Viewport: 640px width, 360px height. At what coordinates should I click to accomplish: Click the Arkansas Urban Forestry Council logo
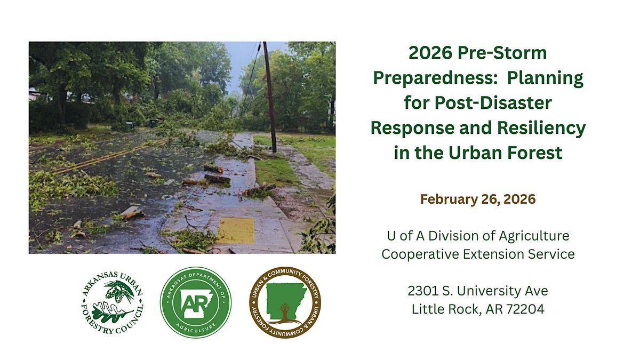tap(113, 303)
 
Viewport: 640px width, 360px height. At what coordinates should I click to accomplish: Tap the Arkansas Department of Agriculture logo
tap(196, 302)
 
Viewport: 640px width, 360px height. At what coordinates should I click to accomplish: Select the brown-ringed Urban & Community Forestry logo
tap(285, 302)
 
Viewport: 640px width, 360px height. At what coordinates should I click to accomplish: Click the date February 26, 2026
tap(478, 199)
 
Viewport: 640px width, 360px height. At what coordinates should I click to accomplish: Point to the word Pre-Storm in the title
tap(502, 53)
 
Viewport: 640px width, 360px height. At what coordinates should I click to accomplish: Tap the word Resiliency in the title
tap(541, 129)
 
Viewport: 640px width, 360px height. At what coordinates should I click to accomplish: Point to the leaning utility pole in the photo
tap(270, 97)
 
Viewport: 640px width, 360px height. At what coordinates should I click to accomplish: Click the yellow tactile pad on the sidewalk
tap(236, 230)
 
